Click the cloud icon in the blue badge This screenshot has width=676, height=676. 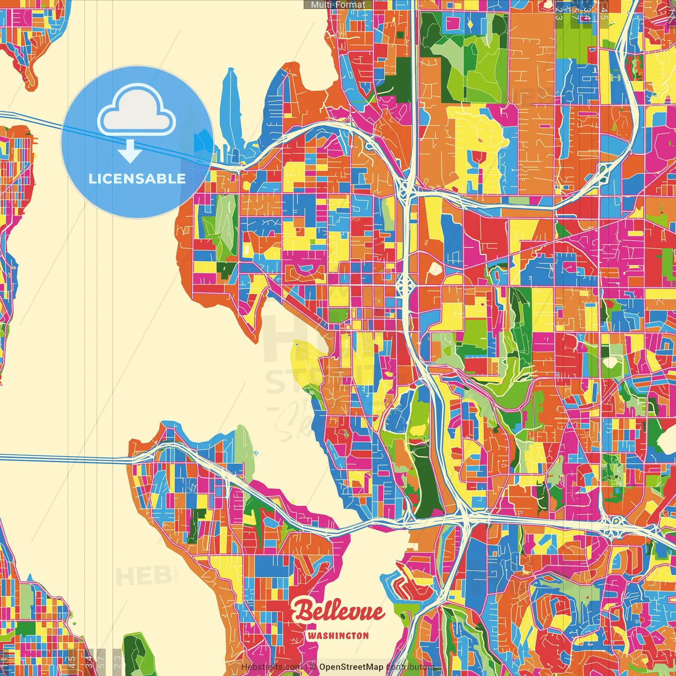[x=136, y=112]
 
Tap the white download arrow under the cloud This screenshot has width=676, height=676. [x=129, y=151]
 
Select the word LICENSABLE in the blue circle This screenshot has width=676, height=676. [x=137, y=179]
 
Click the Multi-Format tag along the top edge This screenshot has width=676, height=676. [x=338, y=5]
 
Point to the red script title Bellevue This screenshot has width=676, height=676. [x=339, y=612]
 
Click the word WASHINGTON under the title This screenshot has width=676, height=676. [x=338, y=635]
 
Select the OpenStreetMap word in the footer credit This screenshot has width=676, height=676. [x=351, y=667]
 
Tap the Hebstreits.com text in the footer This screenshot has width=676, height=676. [x=271, y=667]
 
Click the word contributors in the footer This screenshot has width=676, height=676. [x=410, y=667]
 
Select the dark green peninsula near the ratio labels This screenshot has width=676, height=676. [x=135, y=655]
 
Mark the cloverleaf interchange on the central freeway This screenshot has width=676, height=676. [x=406, y=285]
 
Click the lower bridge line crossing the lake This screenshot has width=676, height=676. [x=63, y=458]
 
